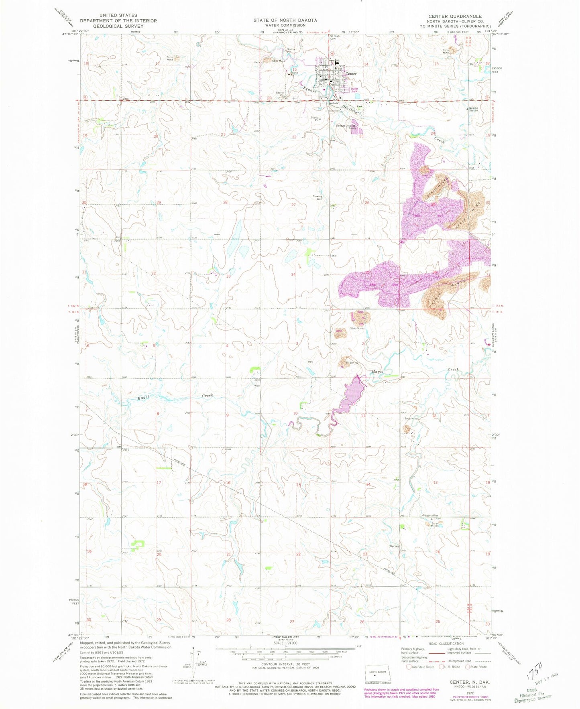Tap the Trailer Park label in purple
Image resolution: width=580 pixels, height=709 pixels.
[354, 90]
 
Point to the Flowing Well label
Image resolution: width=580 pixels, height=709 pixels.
[317, 197]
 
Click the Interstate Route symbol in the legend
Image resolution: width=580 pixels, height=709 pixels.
[409, 667]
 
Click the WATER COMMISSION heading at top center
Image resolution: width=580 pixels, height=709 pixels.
[285, 25]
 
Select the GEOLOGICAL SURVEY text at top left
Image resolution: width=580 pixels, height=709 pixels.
[118, 26]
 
